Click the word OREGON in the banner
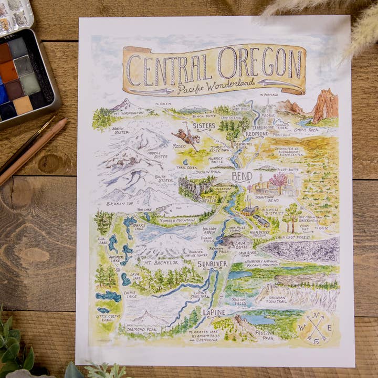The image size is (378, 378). click(259, 64)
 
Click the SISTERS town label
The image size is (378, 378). click(204, 126)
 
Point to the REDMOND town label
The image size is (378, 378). click(257, 134)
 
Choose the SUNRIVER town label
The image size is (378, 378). click(212, 264)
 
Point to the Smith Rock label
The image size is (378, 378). click(306, 130)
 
